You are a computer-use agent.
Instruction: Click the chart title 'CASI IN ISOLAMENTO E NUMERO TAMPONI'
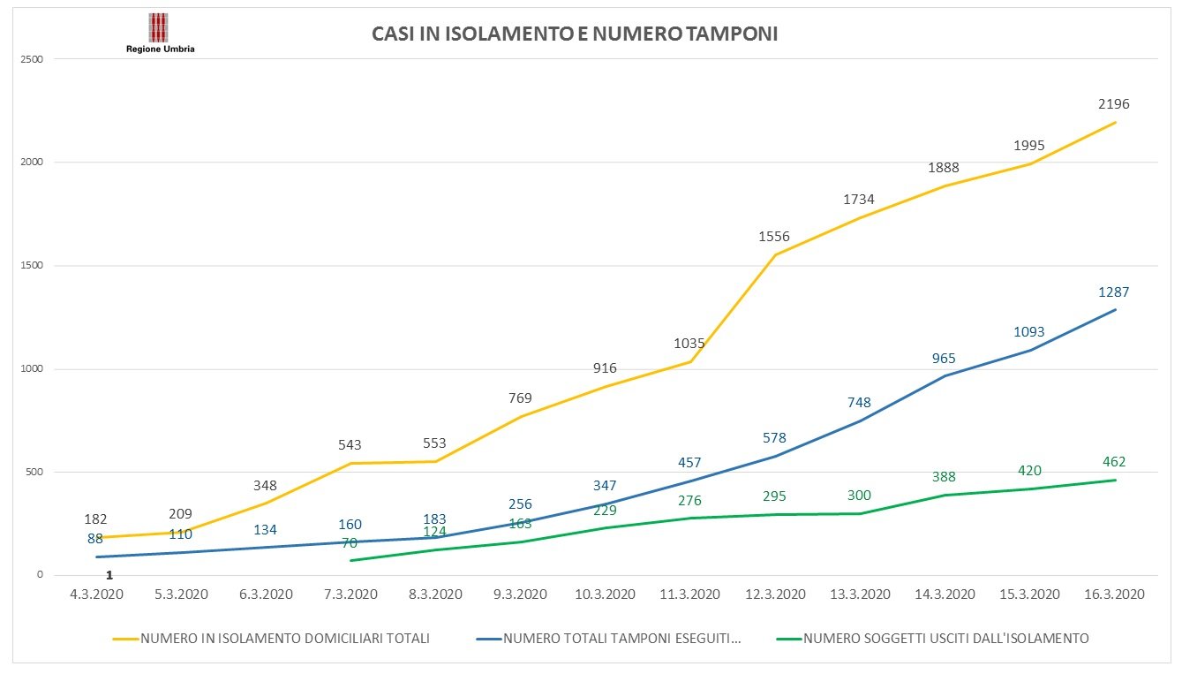coord(574,34)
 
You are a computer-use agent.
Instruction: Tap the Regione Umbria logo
coord(160,34)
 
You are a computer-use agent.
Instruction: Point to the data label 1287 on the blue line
coord(1114,292)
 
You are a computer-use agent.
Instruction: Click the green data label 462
coord(1114,462)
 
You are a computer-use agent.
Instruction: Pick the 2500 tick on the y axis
coord(34,59)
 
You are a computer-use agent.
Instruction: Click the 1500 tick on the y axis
coord(34,266)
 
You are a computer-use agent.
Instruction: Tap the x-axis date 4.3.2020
coord(96,594)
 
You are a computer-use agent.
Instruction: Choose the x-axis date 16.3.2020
coord(1114,594)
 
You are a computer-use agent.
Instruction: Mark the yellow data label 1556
coord(774,237)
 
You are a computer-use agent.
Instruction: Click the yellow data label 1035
coord(689,344)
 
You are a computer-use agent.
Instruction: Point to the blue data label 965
coord(944,359)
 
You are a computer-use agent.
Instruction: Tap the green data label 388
coord(944,477)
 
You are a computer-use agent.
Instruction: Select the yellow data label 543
coord(350,445)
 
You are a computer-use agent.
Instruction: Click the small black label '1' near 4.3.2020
coord(109,575)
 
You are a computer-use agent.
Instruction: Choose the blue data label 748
coord(859,403)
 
